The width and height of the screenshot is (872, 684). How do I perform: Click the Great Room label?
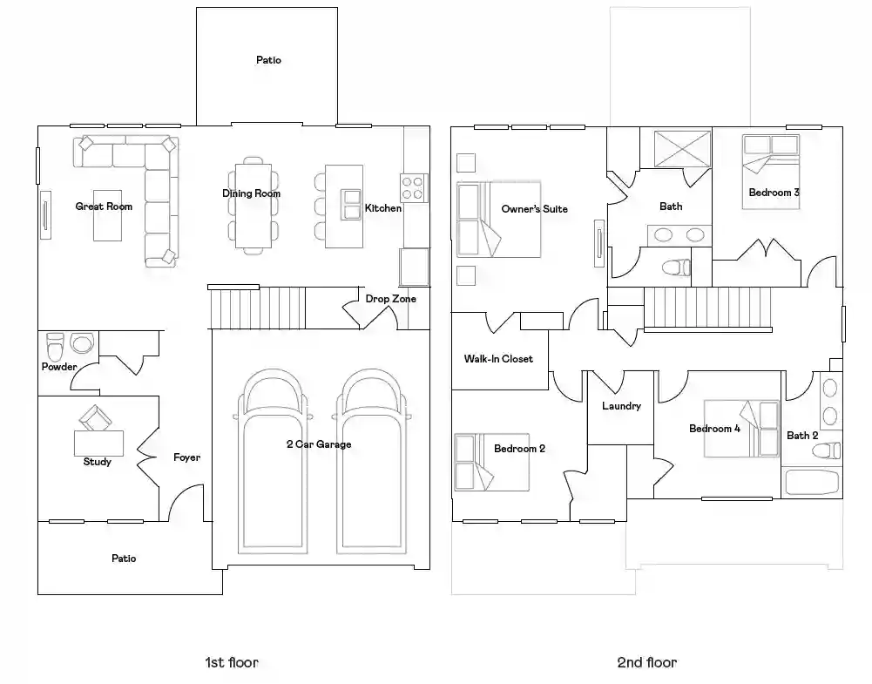104,207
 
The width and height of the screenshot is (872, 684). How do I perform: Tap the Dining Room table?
253,206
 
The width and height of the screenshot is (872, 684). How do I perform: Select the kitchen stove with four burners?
414,187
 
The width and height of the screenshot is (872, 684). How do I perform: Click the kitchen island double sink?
351,205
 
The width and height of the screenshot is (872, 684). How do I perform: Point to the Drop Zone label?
390,299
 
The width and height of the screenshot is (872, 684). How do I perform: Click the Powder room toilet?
55,348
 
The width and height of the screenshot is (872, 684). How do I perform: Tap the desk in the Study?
99,444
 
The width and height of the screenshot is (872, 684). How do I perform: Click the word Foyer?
186,457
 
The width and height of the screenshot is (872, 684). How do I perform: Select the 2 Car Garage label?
319,444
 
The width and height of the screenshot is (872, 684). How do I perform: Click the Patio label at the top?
268,59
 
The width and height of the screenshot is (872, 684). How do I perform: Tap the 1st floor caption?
232,662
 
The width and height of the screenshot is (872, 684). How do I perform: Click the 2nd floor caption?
646,662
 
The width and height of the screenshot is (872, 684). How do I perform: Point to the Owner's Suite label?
534,209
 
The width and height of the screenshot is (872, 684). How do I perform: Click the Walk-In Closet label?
498,359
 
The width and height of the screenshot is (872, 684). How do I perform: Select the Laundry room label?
621,406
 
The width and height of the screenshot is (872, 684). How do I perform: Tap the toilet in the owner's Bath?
676,268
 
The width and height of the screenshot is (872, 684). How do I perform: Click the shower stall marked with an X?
682,148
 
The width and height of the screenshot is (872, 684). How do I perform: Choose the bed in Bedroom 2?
491,462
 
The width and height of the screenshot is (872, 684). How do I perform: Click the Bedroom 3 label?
774,193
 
